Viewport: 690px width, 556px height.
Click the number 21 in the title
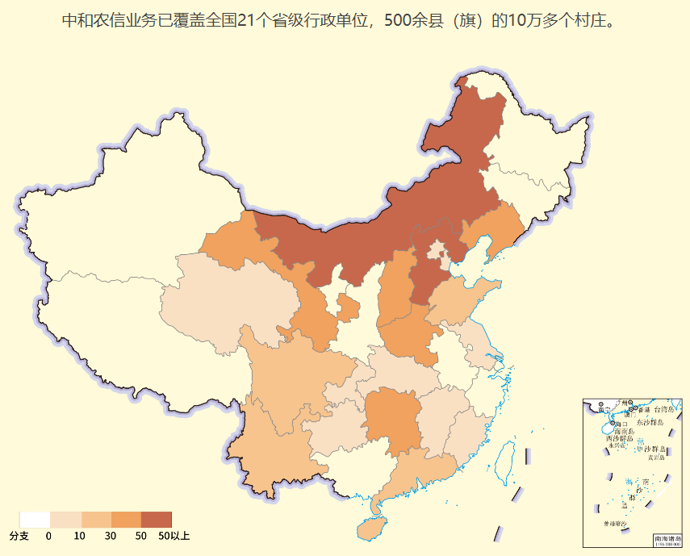(x=246, y=19)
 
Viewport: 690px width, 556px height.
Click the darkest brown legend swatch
(x=156, y=519)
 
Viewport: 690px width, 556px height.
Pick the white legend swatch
(x=35, y=519)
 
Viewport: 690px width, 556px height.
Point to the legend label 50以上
(x=174, y=536)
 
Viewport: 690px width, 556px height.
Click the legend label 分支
(x=19, y=536)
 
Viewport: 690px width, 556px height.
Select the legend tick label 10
(x=79, y=536)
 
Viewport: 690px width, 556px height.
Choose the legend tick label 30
(x=110, y=536)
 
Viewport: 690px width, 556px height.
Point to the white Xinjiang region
(x=121, y=202)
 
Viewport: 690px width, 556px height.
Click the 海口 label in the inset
(x=620, y=424)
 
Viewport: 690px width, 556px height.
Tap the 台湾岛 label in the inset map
(x=663, y=410)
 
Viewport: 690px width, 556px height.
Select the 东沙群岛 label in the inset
(x=648, y=422)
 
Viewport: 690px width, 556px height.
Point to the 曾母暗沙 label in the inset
(x=613, y=524)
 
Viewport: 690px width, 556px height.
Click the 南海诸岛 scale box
(x=667, y=539)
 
